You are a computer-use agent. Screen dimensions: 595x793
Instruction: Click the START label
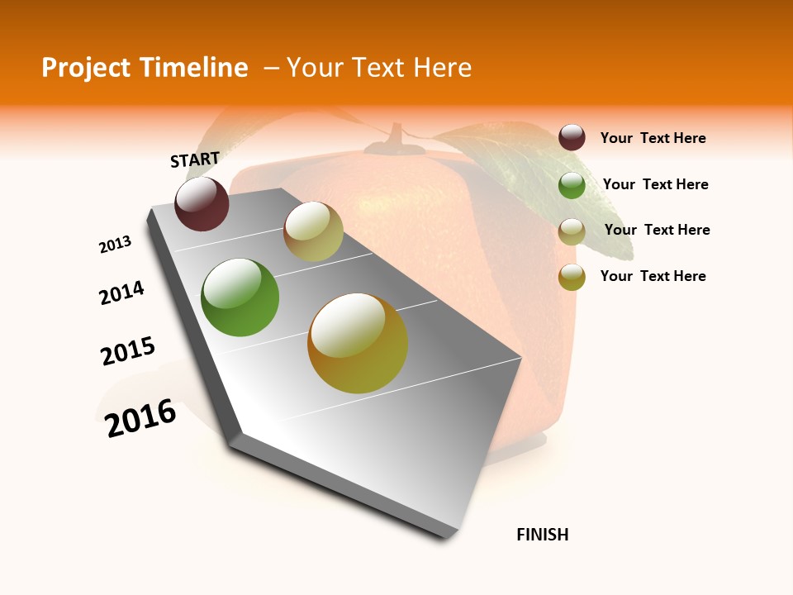tap(195, 159)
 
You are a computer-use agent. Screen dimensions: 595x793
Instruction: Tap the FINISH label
tap(542, 535)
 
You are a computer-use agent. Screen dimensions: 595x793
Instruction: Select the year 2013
tap(115, 245)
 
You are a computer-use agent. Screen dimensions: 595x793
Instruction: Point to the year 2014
tap(121, 293)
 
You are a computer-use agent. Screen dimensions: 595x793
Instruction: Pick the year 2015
tap(128, 351)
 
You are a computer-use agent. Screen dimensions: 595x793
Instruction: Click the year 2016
tap(141, 418)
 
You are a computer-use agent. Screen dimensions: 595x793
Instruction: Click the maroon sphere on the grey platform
tap(202, 204)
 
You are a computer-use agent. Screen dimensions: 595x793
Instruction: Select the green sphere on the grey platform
tap(240, 297)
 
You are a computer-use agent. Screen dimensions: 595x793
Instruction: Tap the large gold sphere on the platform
tap(358, 343)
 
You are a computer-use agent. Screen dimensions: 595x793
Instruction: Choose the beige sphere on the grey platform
tap(313, 231)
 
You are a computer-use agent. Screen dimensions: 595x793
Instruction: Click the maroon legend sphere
tap(572, 138)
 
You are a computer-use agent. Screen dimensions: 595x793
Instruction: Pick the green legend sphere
tap(572, 185)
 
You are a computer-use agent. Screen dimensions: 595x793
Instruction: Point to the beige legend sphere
tap(572, 231)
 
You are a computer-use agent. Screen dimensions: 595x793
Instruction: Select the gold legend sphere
tap(572, 277)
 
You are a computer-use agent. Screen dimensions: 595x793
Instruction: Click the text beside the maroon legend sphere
tap(653, 138)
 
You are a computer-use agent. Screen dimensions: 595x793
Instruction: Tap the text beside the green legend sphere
tap(655, 184)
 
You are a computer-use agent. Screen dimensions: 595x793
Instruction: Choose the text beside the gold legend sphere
tap(653, 276)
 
